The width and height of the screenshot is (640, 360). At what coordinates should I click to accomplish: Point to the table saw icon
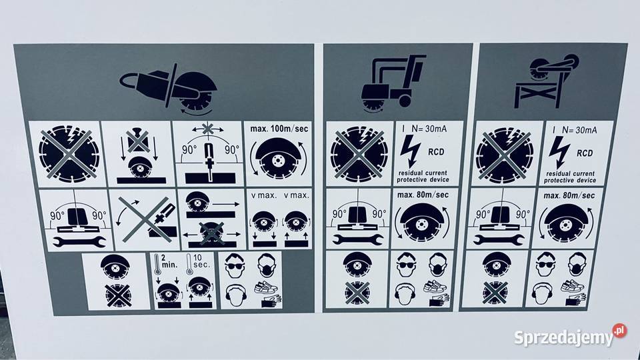[546, 81]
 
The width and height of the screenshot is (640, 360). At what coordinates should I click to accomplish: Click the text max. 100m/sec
[279, 129]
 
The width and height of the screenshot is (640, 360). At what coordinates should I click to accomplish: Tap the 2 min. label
[169, 261]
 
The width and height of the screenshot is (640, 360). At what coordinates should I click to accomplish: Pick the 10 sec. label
[202, 261]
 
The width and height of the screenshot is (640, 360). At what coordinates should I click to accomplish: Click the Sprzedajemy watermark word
[564, 338]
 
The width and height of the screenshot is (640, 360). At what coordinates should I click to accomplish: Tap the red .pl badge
[619, 330]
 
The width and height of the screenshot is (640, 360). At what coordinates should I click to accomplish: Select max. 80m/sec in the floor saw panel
[423, 195]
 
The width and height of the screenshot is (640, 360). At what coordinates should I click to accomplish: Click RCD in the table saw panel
[585, 153]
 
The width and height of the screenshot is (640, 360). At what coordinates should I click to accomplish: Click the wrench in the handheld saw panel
[79, 242]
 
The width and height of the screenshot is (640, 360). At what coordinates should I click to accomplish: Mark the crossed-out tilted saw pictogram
[147, 219]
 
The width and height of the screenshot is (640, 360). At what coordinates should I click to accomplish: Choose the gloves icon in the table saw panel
[575, 299]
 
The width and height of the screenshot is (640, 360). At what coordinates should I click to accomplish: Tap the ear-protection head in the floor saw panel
[405, 294]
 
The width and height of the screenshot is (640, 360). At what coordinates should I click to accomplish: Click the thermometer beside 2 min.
[157, 265]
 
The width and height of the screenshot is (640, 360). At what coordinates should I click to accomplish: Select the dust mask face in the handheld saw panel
[267, 266]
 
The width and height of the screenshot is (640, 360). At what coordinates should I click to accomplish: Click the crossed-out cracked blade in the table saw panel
[505, 154]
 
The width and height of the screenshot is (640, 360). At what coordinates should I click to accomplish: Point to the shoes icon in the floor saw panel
[435, 286]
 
